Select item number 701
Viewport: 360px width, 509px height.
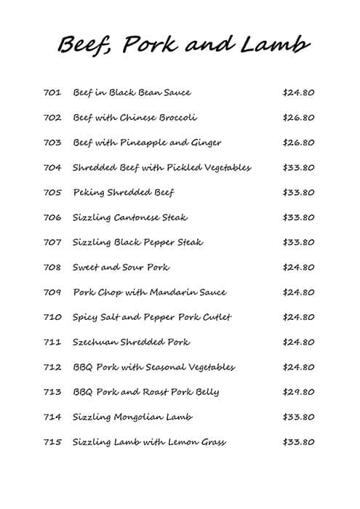pyautogui.click(x=52, y=93)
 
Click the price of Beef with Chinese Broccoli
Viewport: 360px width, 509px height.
pyautogui.click(x=298, y=118)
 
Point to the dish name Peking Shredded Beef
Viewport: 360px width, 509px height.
pyautogui.click(x=124, y=193)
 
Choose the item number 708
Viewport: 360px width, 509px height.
pyautogui.click(x=52, y=268)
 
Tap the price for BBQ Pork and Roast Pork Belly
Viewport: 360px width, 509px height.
pyautogui.click(x=298, y=392)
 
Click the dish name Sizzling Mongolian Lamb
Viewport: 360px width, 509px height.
pyautogui.click(x=132, y=417)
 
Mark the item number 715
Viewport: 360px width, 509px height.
pyautogui.click(x=52, y=442)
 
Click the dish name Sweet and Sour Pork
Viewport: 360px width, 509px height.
pyautogui.click(x=121, y=268)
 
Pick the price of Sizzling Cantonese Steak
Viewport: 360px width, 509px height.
pyautogui.click(x=298, y=217)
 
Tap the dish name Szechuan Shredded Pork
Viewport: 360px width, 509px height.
pyautogui.click(x=131, y=342)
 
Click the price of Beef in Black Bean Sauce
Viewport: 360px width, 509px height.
pyautogui.click(x=298, y=93)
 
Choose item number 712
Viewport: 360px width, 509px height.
pyautogui.click(x=52, y=367)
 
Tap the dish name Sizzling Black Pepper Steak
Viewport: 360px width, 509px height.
pyautogui.click(x=137, y=242)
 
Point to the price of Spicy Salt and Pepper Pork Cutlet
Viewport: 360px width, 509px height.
pyautogui.click(x=298, y=317)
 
